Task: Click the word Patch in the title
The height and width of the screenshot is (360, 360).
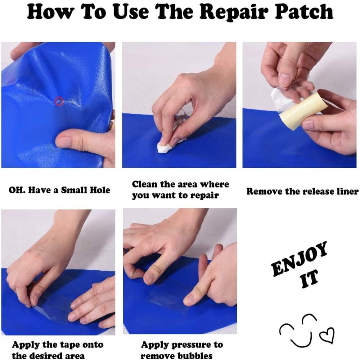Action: pos(304,12)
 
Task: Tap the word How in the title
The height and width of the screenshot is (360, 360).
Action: pos(49,12)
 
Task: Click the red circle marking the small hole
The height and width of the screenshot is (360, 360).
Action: pos(59,101)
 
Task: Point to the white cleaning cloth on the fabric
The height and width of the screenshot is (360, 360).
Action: pos(166,145)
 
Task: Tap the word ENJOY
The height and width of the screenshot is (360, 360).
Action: pos(300,259)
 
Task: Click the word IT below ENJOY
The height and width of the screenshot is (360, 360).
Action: pos(310,279)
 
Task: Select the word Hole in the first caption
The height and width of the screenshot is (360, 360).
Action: pos(100,190)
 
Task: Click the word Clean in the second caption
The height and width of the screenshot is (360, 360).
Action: pos(144,184)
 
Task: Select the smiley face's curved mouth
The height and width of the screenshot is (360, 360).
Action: pos(301,339)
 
